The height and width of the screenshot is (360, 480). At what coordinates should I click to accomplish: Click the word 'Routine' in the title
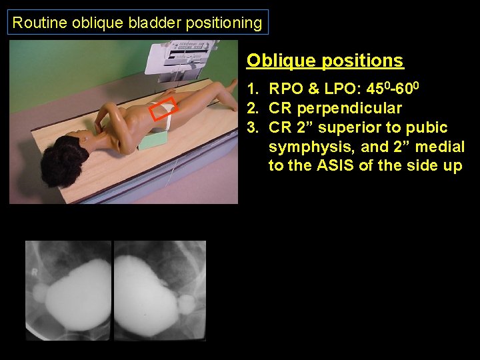click(33, 23)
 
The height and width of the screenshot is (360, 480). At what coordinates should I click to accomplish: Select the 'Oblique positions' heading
click(325, 61)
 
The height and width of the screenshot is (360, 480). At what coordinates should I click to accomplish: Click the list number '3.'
click(253, 127)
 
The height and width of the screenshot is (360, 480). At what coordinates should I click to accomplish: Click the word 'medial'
click(439, 147)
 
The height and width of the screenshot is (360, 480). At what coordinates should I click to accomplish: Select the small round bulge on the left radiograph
click(38, 291)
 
